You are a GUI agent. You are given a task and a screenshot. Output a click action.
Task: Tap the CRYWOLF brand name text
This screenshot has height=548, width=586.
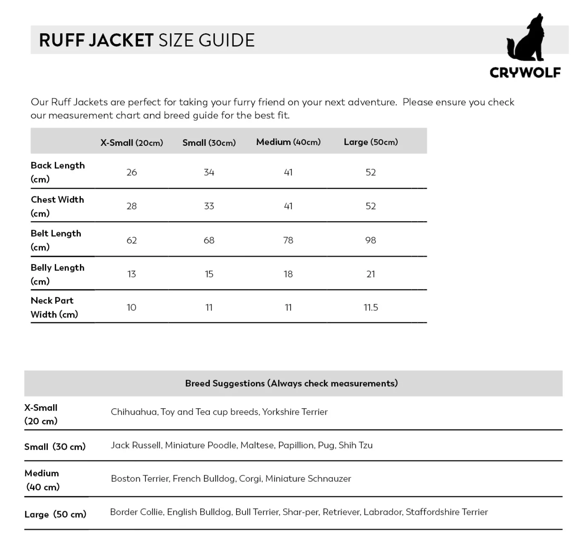(525, 72)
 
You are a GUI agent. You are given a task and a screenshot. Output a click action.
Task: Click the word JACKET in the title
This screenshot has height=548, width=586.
(121, 41)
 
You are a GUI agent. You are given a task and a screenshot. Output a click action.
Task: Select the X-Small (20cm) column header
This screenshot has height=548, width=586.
(132, 143)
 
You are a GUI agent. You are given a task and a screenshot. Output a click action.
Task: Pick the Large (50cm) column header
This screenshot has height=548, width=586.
(371, 142)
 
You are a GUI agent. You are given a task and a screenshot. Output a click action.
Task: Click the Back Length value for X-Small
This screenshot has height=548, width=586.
(132, 172)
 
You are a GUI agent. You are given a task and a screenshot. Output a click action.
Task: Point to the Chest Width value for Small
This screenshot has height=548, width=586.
(209, 206)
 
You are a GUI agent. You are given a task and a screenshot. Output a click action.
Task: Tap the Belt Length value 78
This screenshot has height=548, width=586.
(288, 240)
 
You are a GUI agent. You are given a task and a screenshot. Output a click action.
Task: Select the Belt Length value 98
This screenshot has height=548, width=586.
(371, 240)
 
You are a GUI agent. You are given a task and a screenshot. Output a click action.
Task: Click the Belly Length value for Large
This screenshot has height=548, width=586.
(371, 274)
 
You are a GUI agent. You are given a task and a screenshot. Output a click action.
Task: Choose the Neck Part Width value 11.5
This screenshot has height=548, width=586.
(371, 308)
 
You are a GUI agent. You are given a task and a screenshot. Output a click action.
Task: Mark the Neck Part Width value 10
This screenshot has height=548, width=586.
(132, 308)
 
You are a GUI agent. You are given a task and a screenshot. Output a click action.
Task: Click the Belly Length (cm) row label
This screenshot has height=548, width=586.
(57, 274)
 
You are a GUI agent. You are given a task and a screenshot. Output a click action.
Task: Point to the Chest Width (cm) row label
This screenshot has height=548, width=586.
(57, 206)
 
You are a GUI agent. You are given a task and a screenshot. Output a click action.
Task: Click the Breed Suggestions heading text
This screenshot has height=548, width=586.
(291, 383)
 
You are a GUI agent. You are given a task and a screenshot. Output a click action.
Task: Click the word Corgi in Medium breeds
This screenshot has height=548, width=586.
(251, 479)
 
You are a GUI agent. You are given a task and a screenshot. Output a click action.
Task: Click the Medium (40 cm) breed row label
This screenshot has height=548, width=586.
(42, 480)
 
